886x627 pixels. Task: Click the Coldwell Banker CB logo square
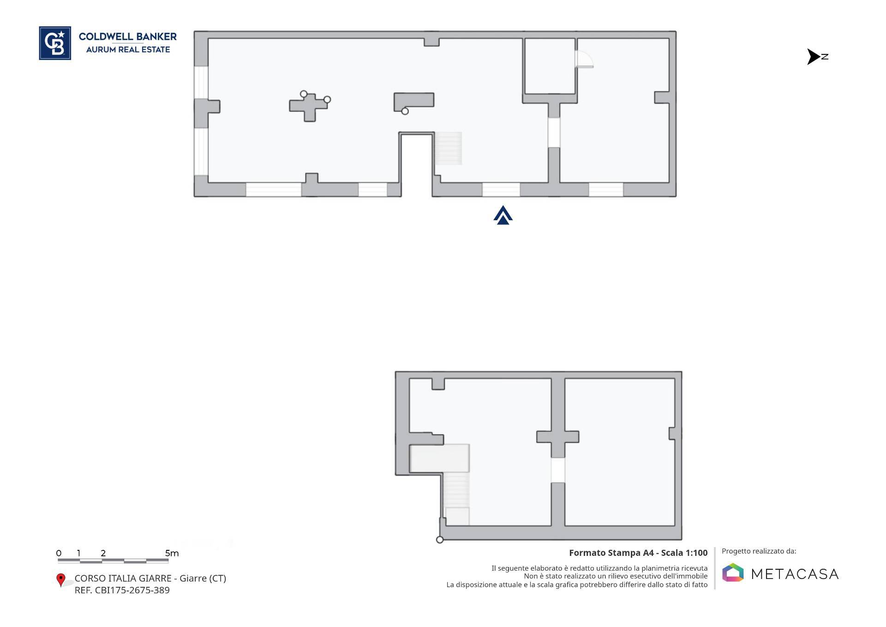55,43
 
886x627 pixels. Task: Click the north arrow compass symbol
817,57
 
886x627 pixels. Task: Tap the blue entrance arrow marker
503,215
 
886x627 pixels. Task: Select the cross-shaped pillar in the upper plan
308,107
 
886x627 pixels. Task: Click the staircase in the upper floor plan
448,148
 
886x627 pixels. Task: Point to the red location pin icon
60,580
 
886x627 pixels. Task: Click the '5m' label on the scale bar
172,553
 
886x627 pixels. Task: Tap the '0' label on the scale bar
59,553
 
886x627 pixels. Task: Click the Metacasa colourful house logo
733,573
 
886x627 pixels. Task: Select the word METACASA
795,574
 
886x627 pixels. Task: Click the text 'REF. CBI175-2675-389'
122,590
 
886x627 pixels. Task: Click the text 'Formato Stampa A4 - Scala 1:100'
638,553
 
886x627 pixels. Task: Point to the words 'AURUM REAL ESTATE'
128,49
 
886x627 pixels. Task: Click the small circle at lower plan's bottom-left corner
440,540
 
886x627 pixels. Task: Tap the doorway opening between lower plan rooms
558,470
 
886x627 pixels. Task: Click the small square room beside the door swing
550,66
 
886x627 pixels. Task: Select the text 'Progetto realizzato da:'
759,551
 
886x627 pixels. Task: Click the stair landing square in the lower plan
457,516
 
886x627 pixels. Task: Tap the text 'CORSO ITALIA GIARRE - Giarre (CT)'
150,578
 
